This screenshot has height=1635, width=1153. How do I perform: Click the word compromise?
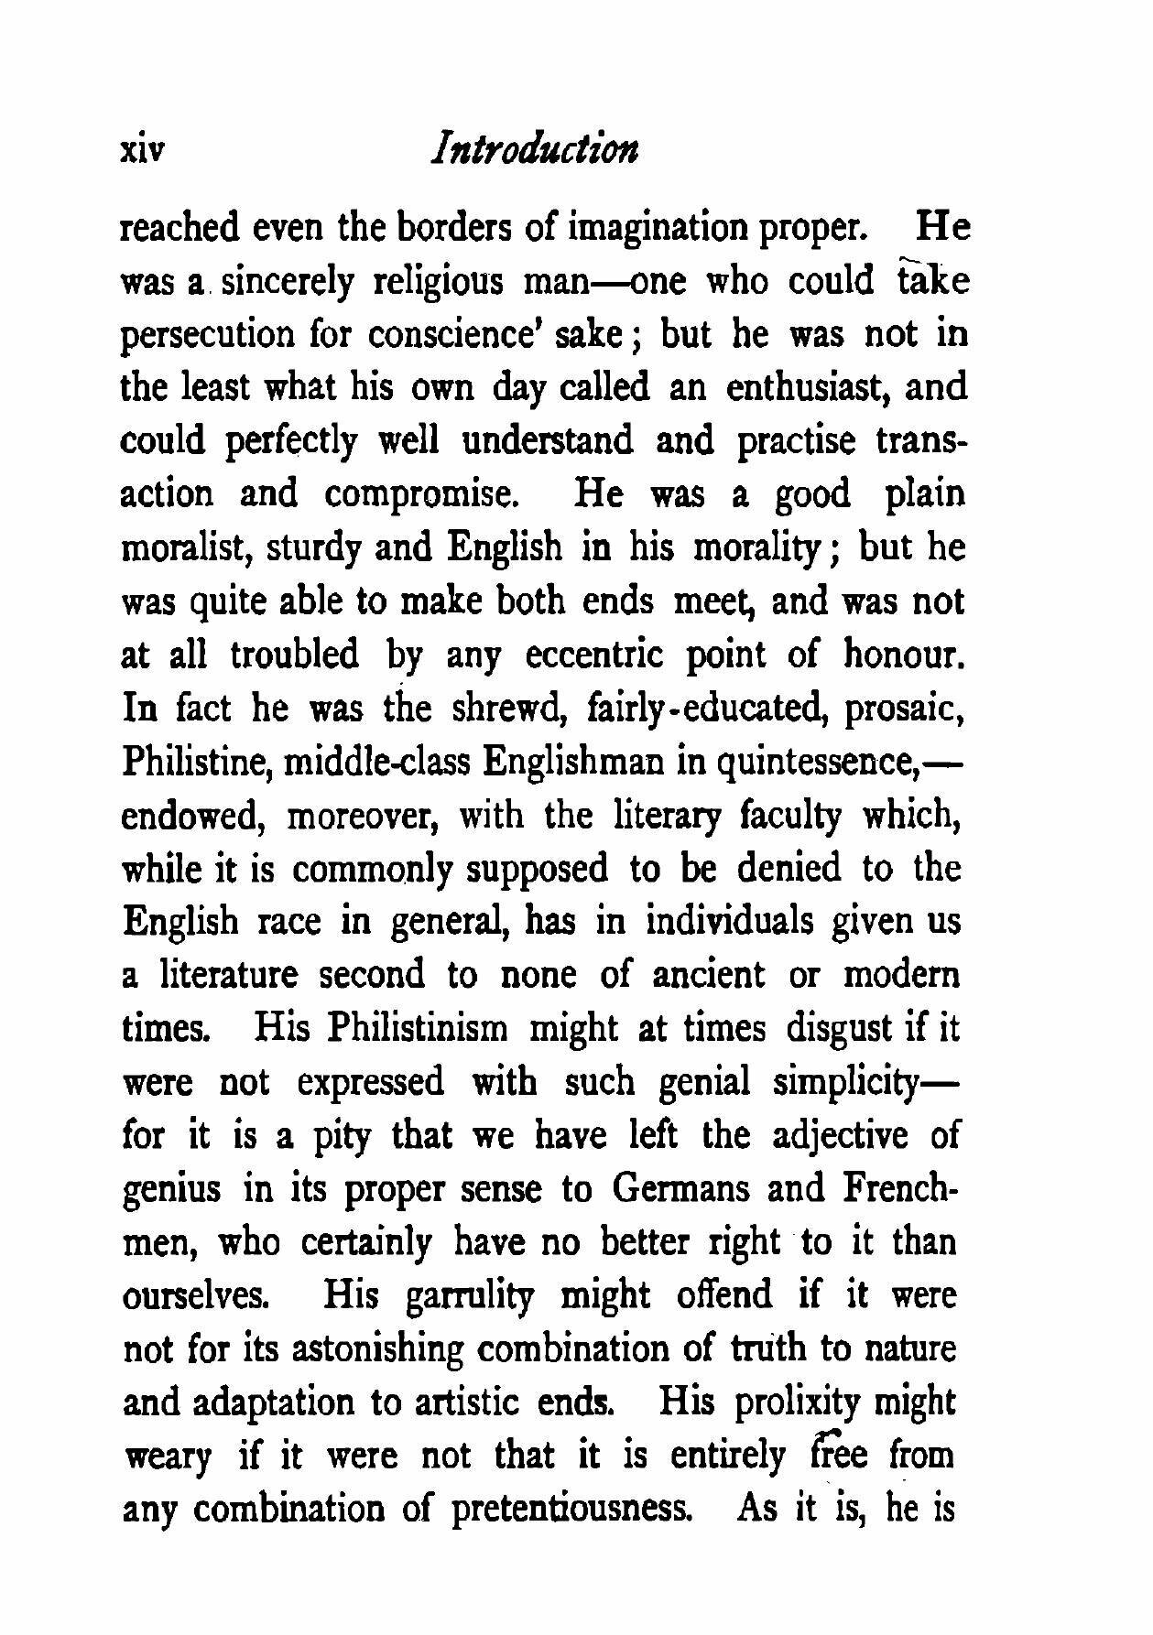[424, 495]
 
